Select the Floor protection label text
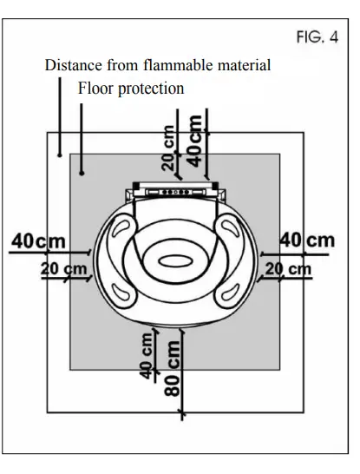[131, 88]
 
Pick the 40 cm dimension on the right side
[309, 240]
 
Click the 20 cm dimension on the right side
[288, 270]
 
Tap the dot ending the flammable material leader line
[58, 154]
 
